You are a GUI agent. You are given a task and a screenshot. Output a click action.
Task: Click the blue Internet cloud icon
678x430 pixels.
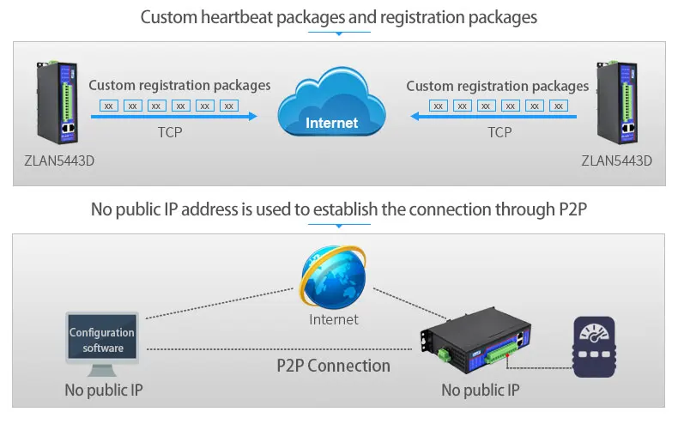[332, 107]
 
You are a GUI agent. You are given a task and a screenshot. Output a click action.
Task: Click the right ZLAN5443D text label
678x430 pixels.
[616, 160]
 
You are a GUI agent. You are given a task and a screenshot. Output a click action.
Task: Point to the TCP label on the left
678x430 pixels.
[170, 132]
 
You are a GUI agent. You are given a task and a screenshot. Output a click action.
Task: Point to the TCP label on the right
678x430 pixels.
[499, 132]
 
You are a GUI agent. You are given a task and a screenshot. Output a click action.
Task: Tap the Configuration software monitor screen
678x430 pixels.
[102, 340]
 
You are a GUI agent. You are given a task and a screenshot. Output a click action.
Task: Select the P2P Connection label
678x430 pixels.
[333, 366]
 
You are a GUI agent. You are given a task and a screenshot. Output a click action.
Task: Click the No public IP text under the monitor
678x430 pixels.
[103, 391]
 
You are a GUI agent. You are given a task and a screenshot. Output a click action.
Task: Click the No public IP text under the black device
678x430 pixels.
[481, 391]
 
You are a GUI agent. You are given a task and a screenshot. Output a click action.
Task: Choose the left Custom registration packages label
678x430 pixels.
[179, 85]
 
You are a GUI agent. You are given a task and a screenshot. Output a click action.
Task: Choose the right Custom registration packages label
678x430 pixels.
[498, 86]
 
